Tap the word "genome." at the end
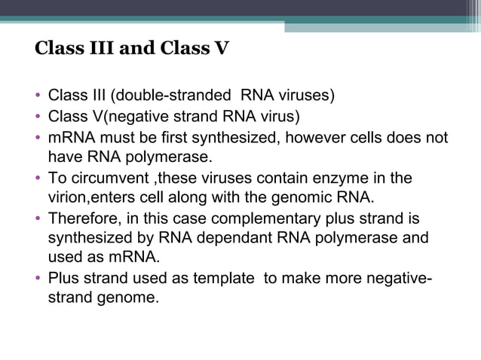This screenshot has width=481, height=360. point(122,297)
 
